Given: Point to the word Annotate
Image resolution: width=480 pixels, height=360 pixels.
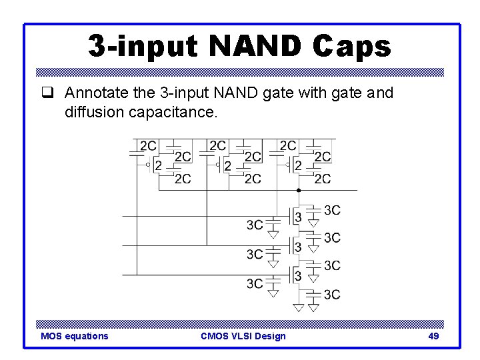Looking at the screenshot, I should [x=97, y=93].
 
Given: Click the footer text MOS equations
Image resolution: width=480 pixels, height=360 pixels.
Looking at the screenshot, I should [x=74, y=336].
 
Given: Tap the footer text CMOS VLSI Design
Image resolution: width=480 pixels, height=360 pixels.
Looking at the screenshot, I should [x=243, y=336].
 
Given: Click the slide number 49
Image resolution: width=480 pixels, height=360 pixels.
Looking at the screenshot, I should [x=433, y=336].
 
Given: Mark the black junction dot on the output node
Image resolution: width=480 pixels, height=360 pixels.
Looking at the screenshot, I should [x=299, y=190].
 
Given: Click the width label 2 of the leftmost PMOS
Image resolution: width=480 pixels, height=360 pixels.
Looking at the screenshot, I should [x=158, y=165].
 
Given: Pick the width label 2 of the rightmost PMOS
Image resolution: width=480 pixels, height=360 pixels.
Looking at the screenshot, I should [x=298, y=165].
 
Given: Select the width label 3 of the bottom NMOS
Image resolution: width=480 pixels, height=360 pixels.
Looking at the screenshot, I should [x=298, y=275].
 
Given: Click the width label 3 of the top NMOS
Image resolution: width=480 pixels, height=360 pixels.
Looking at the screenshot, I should [x=298, y=217].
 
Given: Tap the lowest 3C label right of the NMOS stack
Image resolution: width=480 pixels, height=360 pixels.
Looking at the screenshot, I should [x=332, y=295].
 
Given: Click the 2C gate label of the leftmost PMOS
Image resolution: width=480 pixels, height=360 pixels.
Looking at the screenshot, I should [x=148, y=145].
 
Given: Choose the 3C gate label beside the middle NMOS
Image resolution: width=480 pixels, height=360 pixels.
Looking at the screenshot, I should [x=255, y=254].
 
